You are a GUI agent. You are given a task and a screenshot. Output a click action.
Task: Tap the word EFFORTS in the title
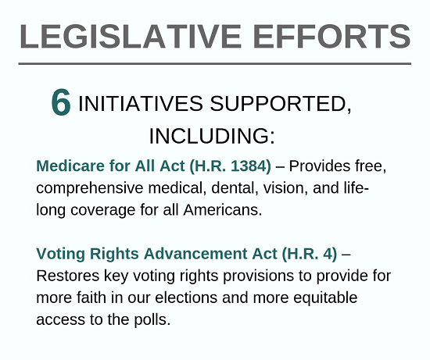[x=331, y=37]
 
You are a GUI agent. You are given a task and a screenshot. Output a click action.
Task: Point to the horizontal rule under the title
[x=215, y=64]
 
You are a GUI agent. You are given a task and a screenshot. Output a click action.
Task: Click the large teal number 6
[x=61, y=102]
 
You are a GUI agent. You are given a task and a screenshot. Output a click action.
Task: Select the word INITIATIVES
[x=141, y=104]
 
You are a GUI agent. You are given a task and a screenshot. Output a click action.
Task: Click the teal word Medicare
[x=70, y=166]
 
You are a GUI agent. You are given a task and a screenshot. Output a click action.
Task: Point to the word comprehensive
[x=90, y=189]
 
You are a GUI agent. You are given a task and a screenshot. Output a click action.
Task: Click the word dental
[x=235, y=188]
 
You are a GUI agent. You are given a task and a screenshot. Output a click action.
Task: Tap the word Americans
[x=223, y=210]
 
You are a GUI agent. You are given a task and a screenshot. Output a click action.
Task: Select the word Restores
[x=68, y=276]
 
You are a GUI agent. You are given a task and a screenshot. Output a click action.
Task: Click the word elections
[x=186, y=298]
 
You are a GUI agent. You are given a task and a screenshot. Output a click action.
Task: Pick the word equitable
[x=325, y=298]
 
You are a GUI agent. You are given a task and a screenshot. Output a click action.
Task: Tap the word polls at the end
[x=152, y=320]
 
